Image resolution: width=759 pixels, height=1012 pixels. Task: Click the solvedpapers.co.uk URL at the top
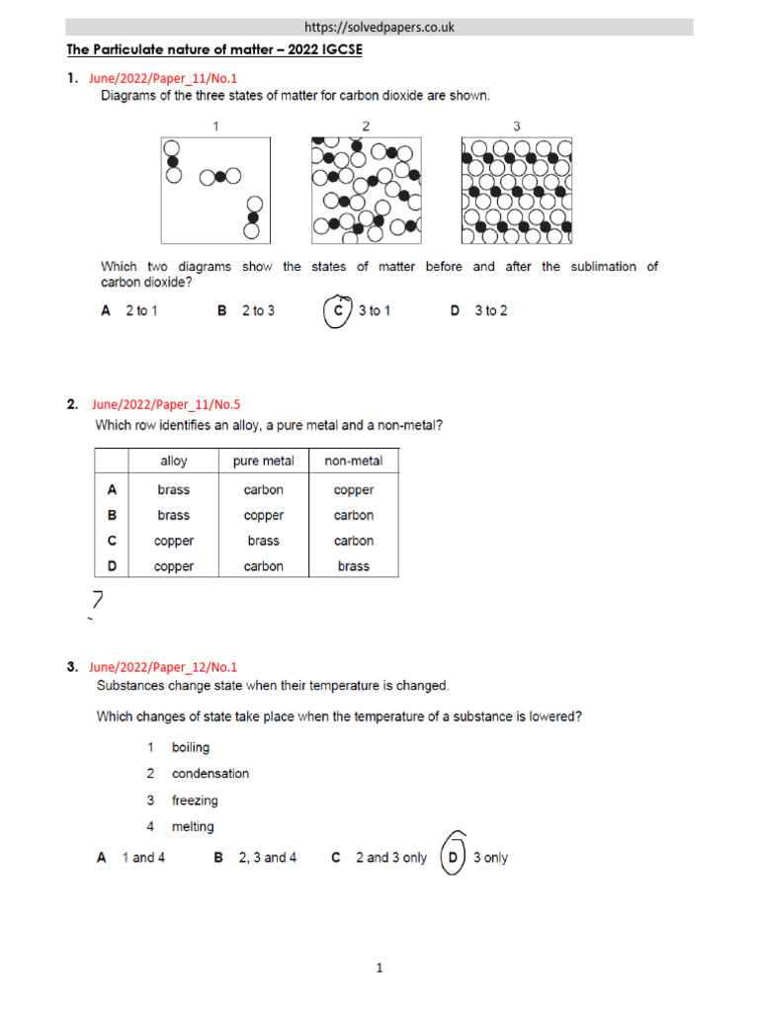[379, 27]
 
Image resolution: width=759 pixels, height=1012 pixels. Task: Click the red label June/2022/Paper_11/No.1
[163, 78]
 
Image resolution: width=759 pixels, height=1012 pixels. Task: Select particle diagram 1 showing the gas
[215, 190]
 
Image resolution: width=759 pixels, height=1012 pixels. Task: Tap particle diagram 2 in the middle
[366, 190]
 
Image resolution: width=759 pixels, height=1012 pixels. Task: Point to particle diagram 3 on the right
[516, 190]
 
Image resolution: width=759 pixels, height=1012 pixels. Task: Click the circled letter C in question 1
[339, 310]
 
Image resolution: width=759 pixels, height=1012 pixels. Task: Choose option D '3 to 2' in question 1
[479, 310]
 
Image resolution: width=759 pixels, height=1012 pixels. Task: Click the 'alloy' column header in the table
[174, 462]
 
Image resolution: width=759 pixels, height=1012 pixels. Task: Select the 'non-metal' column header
[354, 462]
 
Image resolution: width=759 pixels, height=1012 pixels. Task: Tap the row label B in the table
[112, 515]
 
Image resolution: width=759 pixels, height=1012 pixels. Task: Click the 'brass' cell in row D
[354, 566]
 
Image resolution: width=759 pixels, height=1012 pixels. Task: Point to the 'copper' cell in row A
[354, 489]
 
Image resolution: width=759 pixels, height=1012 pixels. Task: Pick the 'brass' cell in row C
[264, 541]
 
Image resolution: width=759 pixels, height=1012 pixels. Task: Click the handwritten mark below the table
[97, 601]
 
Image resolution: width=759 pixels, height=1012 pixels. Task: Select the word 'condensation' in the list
[211, 774]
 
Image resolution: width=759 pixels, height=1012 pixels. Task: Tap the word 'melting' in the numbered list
[193, 827]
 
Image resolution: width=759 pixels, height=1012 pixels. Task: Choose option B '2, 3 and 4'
[256, 858]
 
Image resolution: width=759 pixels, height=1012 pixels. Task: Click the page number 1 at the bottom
[379, 969]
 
